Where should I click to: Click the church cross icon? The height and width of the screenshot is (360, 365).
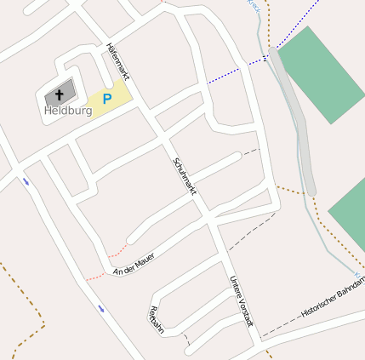tap(60, 94)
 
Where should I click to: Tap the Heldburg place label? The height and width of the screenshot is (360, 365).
tap(67, 111)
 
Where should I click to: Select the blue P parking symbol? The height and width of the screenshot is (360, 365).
tap(106, 100)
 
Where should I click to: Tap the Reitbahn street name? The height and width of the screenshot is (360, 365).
tap(157, 317)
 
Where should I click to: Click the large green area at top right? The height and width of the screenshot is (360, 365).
tap(322, 74)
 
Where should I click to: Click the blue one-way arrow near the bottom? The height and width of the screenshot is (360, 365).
tap(101, 308)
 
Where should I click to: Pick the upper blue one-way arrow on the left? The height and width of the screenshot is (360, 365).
tap(26, 181)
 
